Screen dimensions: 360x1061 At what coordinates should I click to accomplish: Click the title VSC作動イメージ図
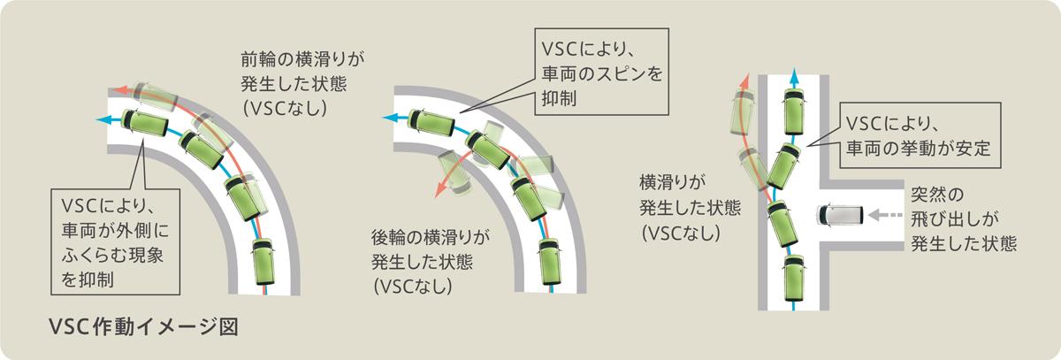click(146, 326)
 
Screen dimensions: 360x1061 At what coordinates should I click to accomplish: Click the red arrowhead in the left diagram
click(114, 89)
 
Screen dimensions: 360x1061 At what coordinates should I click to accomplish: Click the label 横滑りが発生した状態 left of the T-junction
click(678, 208)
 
